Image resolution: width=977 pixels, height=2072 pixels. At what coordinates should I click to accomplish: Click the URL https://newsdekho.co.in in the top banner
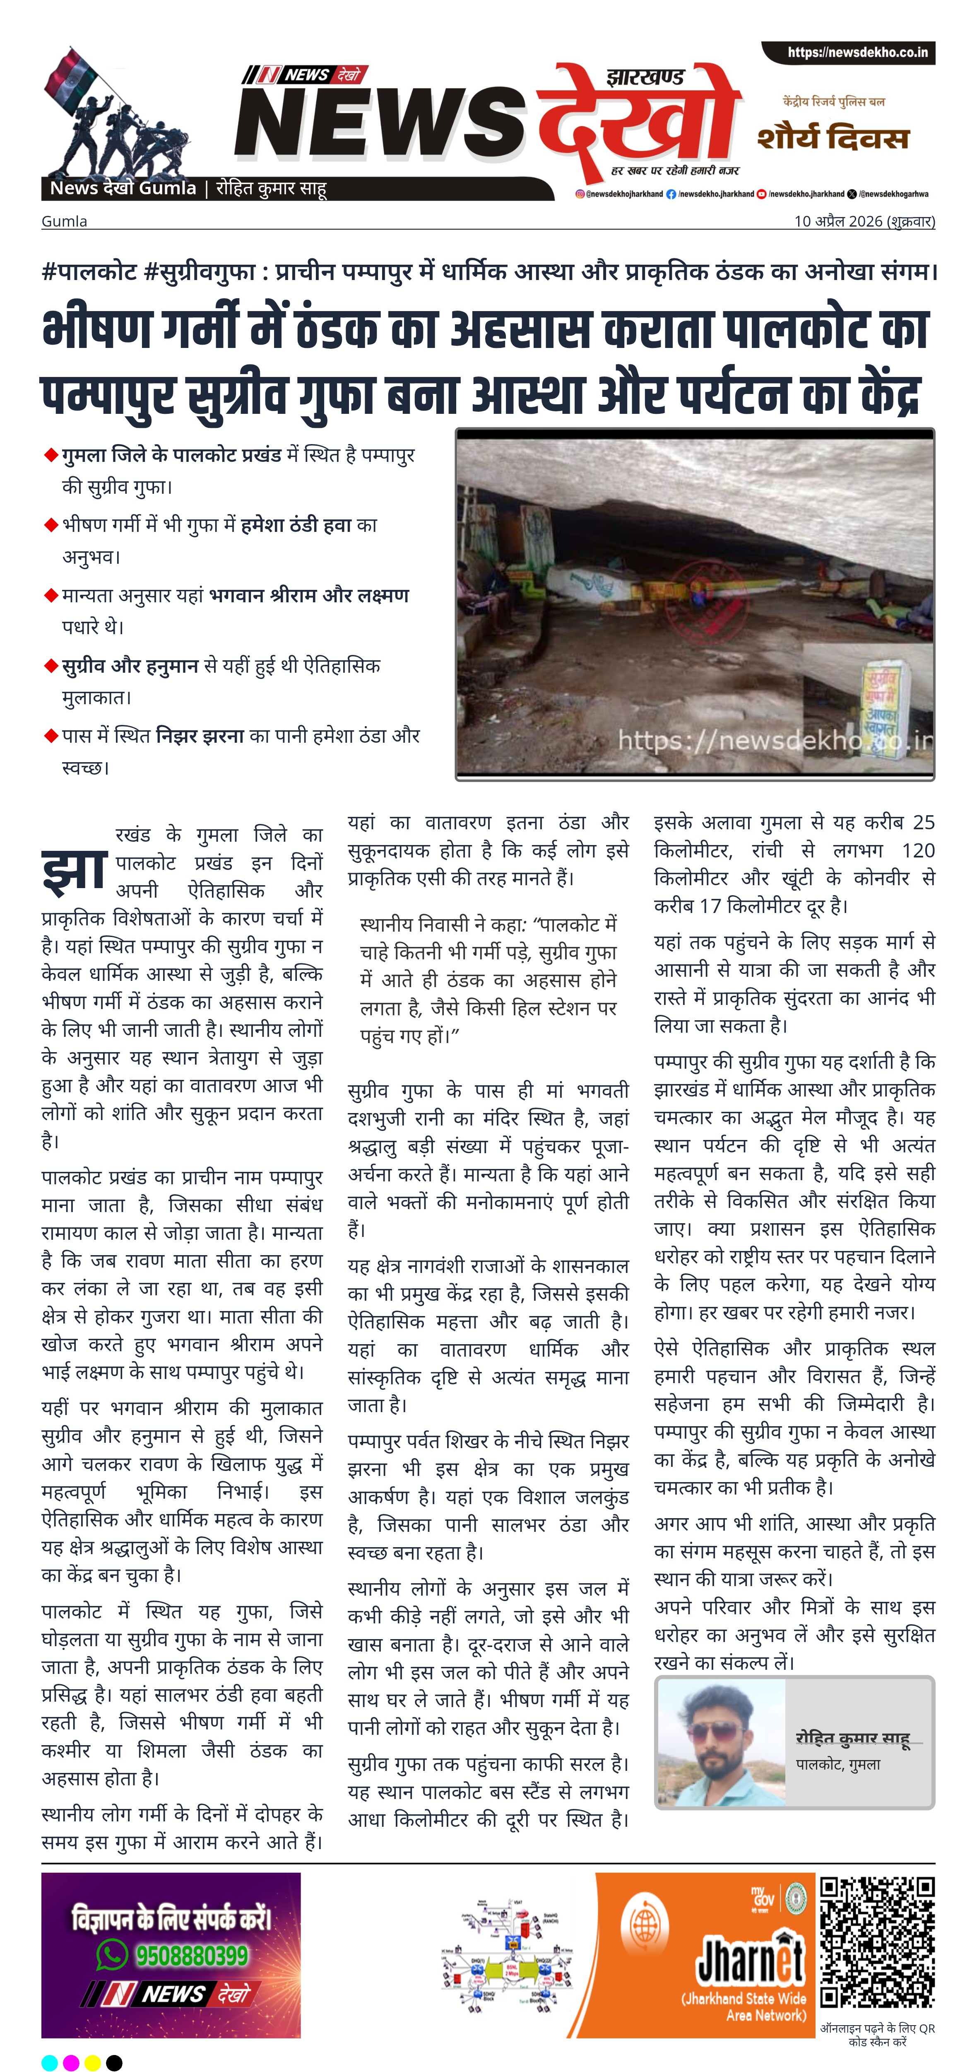(x=857, y=52)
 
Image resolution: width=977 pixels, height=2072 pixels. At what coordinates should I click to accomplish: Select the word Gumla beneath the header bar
(x=64, y=221)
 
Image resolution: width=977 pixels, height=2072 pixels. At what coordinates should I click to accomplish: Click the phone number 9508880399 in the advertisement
(x=191, y=1955)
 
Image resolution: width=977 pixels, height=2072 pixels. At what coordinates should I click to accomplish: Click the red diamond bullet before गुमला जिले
(x=51, y=456)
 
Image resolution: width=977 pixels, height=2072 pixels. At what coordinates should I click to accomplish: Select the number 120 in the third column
(x=917, y=850)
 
